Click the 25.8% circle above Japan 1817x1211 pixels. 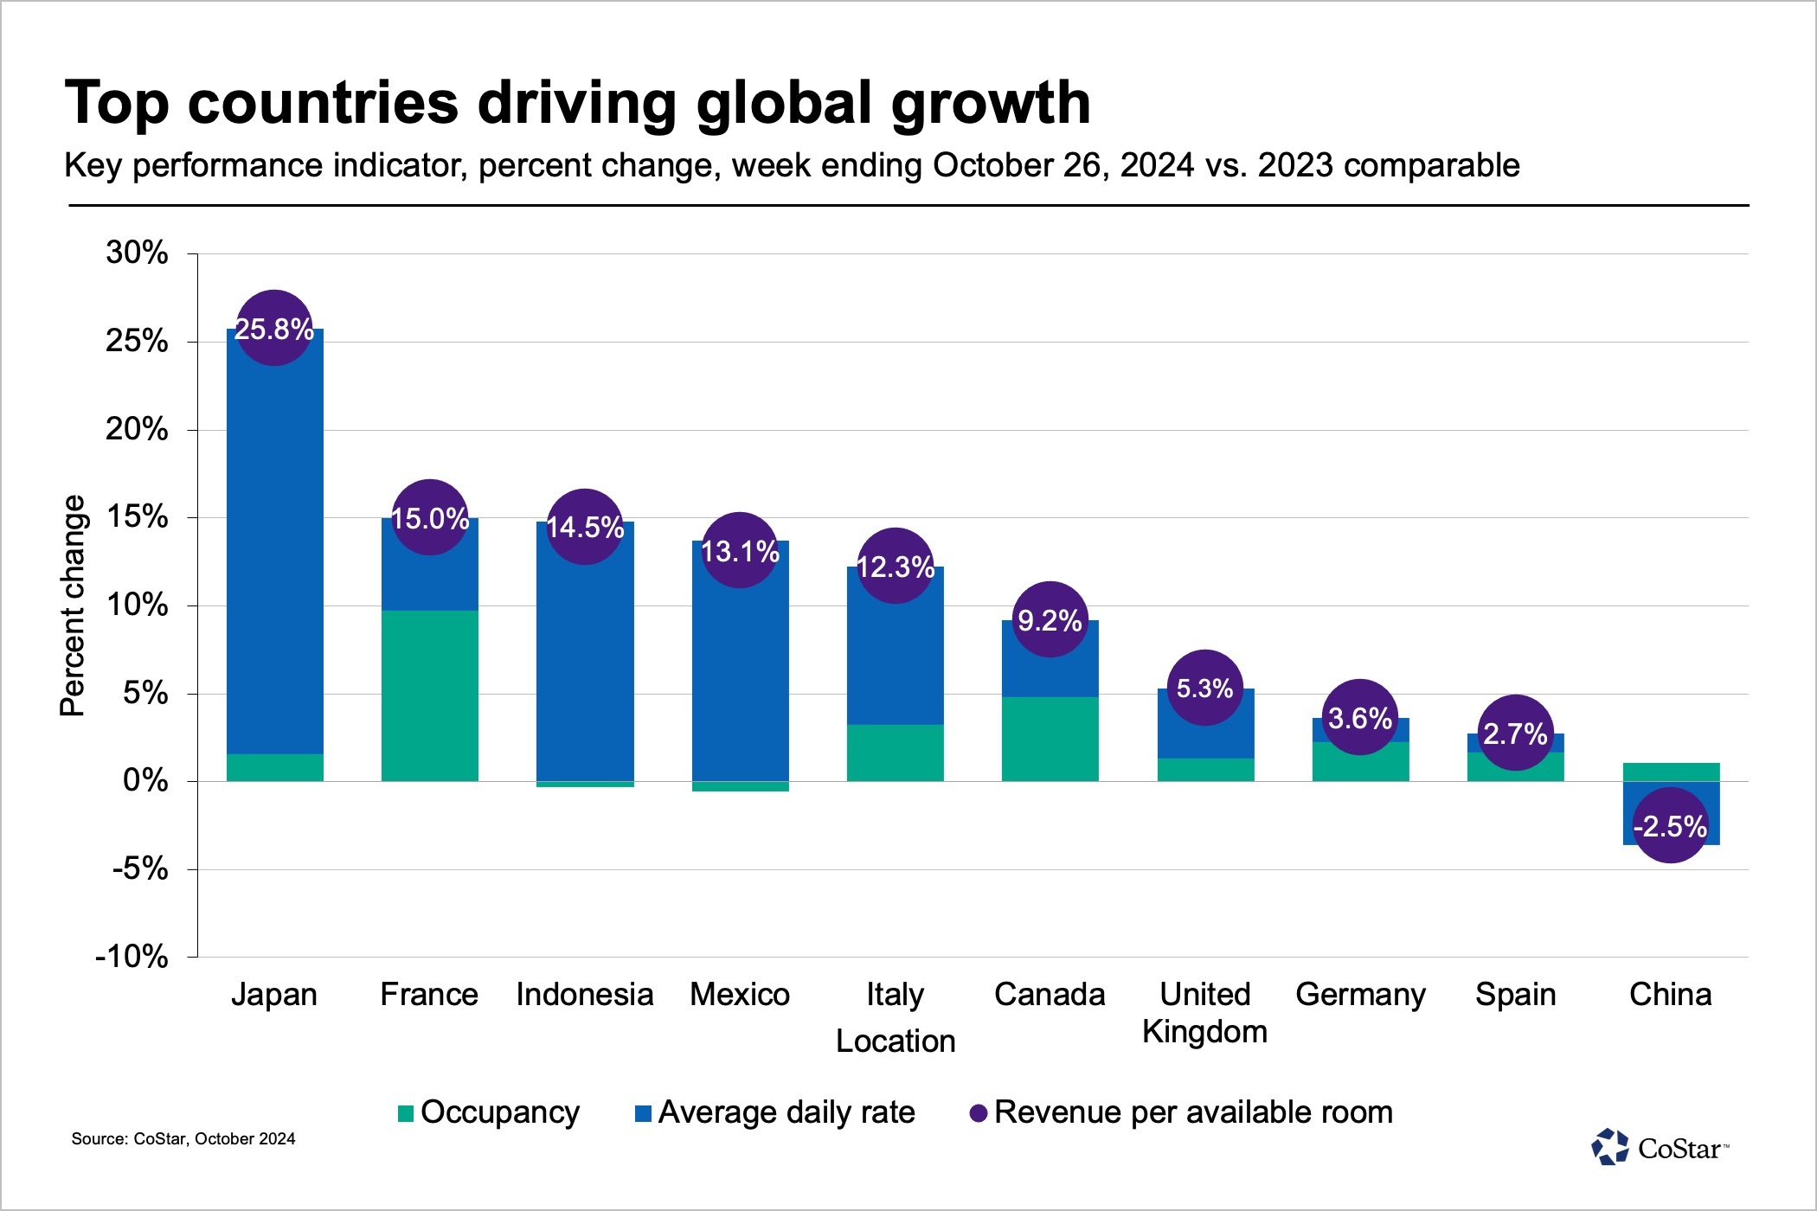pyautogui.click(x=274, y=329)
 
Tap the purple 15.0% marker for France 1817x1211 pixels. pyautogui.click(x=430, y=518)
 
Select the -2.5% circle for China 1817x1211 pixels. pyautogui.click(x=1670, y=826)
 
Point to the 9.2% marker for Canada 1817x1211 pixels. pyautogui.click(x=1050, y=620)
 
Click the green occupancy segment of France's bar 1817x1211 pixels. pyautogui.click(x=430, y=696)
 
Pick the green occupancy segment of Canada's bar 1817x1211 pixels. pyautogui.click(x=1050, y=740)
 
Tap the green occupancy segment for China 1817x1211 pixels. pyautogui.click(x=1670, y=772)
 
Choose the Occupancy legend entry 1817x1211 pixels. pyautogui.click(x=489, y=1112)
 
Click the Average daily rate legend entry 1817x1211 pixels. pyautogui.click(x=775, y=1112)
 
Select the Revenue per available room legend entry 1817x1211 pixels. pyautogui.click(x=1182, y=1112)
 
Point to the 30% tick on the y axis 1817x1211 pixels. pyautogui.click(x=137, y=253)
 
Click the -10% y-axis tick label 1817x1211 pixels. pyautogui.click(x=132, y=957)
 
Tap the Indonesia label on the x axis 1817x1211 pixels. pyautogui.click(x=584, y=995)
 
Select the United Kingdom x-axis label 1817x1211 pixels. pyautogui.click(x=1204, y=1013)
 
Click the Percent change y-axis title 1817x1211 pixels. pyautogui.click(x=74, y=605)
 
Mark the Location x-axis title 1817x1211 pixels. pyautogui.click(x=896, y=1041)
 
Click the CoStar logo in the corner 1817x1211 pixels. pyautogui.click(x=1659, y=1148)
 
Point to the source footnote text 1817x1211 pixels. pyautogui.click(x=183, y=1139)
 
